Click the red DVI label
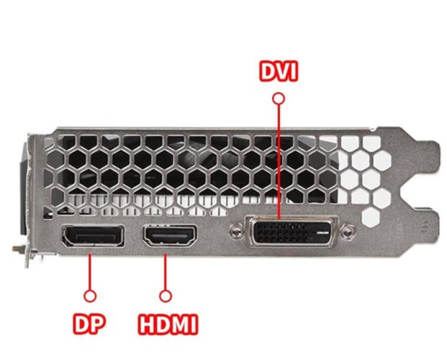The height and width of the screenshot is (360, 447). click(x=279, y=71)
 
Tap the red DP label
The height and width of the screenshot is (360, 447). click(x=89, y=323)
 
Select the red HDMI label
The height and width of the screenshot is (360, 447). click(x=168, y=324)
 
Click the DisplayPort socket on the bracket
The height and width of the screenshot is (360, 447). click(x=94, y=235)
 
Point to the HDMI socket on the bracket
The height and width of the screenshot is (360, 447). click(x=171, y=235)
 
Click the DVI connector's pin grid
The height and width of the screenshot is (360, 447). click(x=281, y=233)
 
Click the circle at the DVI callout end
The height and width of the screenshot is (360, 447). click(x=279, y=99)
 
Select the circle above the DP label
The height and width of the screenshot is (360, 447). click(x=90, y=296)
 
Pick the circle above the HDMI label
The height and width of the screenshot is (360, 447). click(x=166, y=296)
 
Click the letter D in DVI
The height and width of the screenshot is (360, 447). click(x=268, y=71)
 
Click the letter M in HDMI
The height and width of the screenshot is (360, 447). click(x=181, y=324)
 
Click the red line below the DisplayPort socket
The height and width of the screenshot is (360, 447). click(x=90, y=272)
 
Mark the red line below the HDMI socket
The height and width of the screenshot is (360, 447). click(x=166, y=272)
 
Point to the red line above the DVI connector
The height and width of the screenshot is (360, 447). click(x=279, y=162)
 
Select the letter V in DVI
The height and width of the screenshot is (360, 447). click(x=284, y=71)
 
